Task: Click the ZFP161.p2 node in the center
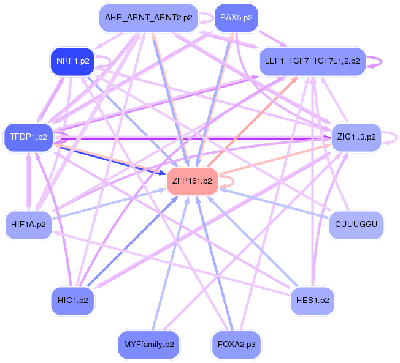193,181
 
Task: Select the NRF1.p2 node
73,62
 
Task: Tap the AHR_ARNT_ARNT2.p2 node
149,18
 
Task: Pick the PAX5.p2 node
236,18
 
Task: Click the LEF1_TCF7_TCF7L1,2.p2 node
312,61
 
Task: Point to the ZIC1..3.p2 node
356,137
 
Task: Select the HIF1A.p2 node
28,225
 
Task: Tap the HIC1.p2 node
72,301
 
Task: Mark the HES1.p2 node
312,301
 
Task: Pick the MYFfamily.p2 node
148,345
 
